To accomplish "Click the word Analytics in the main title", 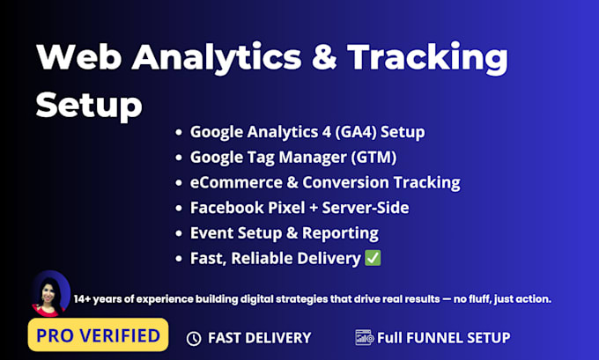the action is click(217, 57).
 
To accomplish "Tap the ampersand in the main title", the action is click(324, 56).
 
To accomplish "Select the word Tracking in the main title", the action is click(427, 58).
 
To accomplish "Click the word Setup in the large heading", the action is click(89, 106).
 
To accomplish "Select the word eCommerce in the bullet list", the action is click(236, 182).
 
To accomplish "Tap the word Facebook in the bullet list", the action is click(227, 208).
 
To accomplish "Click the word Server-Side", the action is click(366, 208).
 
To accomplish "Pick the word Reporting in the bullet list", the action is click(340, 233).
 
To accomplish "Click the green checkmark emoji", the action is click(373, 258).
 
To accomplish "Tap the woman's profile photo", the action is click(50, 294).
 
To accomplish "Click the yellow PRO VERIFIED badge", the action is click(98, 334).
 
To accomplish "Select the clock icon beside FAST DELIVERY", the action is click(194, 338).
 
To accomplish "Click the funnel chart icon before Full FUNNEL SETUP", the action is click(364, 337).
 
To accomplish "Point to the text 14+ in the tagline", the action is click(83, 299).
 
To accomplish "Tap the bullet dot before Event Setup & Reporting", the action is click(179, 233).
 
